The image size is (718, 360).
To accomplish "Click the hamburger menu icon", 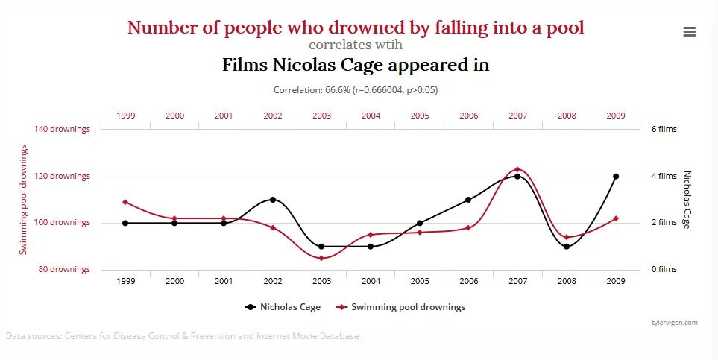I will click(689, 31).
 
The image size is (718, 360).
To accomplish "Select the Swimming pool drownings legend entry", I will click(402, 306).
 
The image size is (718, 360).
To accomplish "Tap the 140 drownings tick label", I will click(63, 129).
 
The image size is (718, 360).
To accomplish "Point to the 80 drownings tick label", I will click(65, 269).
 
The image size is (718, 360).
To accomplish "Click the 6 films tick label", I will click(664, 129).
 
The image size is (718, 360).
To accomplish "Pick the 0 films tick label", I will click(664, 269).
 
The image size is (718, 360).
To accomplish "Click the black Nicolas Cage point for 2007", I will click(517, 177).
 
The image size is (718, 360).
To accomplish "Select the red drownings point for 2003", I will click(321, 258).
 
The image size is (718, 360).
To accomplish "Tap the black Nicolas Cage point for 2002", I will click(273, 200).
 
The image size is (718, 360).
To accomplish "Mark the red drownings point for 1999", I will click(125, 202).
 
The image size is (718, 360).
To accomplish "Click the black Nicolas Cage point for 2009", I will click(615, 177).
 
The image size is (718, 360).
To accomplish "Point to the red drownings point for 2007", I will click(517, 169).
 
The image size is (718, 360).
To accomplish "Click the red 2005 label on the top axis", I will click(420, 116).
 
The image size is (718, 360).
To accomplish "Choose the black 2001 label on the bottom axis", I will click(224, 281).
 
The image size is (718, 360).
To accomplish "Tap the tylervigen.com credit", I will click(673, 323).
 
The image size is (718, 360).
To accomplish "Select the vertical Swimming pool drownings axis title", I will click(23, 200).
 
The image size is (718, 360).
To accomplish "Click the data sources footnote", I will click(183, 336).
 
